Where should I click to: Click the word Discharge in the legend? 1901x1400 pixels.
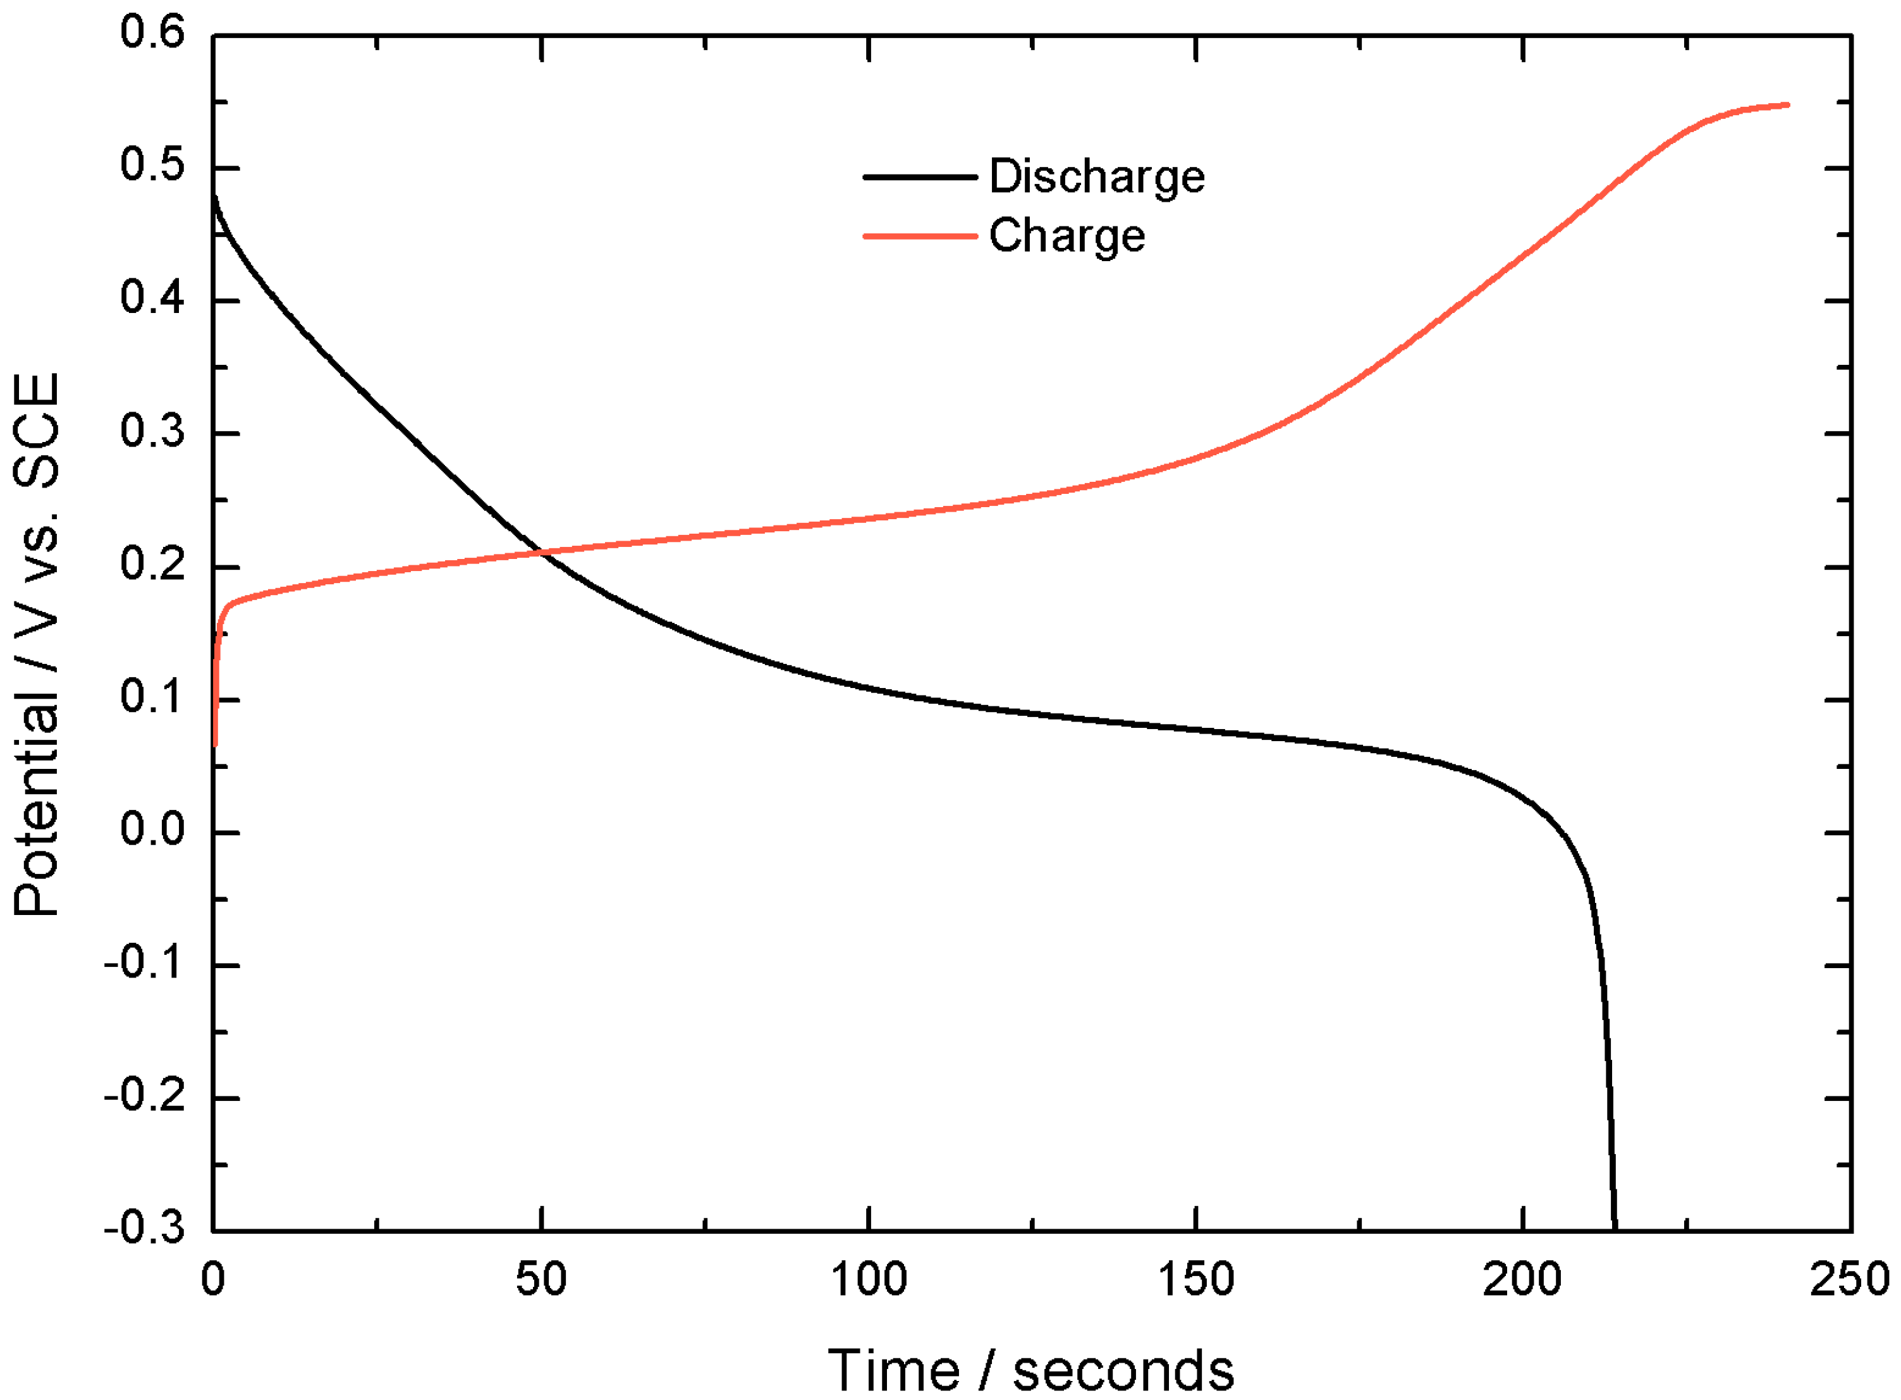(1096, 177)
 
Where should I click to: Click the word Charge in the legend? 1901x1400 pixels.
(1067, 236)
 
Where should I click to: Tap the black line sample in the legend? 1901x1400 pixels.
(919, 177)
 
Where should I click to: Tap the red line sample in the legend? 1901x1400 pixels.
(919, 236)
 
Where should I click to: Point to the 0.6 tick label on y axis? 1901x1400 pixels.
(152, 34)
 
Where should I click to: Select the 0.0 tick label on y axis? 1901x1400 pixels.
(152, 830)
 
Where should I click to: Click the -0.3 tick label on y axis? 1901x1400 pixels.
(144, 1228)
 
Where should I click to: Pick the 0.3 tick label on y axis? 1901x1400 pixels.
(152, 432)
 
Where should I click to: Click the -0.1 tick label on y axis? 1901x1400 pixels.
(144, 964)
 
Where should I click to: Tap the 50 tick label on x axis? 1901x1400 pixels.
(541, 1280)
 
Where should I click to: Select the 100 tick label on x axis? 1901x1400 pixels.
(869, 1280)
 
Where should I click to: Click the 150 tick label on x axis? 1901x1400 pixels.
(1195, 1280)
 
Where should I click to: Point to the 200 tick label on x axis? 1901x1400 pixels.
(1522, 1280)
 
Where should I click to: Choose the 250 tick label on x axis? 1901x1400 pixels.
(1849, 1280)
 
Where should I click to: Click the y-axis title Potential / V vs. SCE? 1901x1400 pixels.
(38, 644)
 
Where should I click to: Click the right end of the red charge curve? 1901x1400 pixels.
(1787, 105)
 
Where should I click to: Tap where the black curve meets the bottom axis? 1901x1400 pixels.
(1615, 1229)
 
